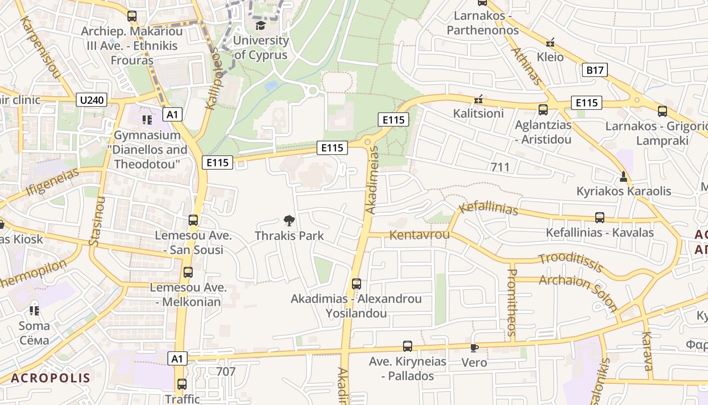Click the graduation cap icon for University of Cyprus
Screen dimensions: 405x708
pyautogui.click(x=260, y=25)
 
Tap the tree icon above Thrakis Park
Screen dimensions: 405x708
pyautogui.click(x=289, y=220)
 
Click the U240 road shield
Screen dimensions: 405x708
pyautogui.click(x=92, y=100)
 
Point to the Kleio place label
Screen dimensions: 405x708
pyautogui.click(x=550, y=57)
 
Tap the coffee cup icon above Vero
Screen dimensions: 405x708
pyautogui.click(x=474, y=348)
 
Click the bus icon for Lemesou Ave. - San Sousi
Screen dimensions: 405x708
pyautogui.click(x=193, y=220)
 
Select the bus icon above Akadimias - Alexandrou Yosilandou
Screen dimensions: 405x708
pyautogui.click(x=357, y=283)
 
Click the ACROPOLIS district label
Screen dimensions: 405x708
pyautogui.click(x=51, y=378)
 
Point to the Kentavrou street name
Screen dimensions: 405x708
pyautogui.click(x=419, y=235)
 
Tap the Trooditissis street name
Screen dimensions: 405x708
pyautogui.click(x=570, y=262)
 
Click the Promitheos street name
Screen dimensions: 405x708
pyautogui.click(x=512, y=302)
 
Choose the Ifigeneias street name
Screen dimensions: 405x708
pyautogui.click(x=52, y=182)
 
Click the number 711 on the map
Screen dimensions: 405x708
pyautogui.click(x=500, y=167)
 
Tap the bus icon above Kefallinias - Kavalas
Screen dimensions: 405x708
pyautogui.click(x=600, y=218)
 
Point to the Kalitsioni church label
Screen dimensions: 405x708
pyautogui.click(x=478, y=113)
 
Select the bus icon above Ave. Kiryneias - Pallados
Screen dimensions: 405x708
pyautogui.click(x=408, y=346)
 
